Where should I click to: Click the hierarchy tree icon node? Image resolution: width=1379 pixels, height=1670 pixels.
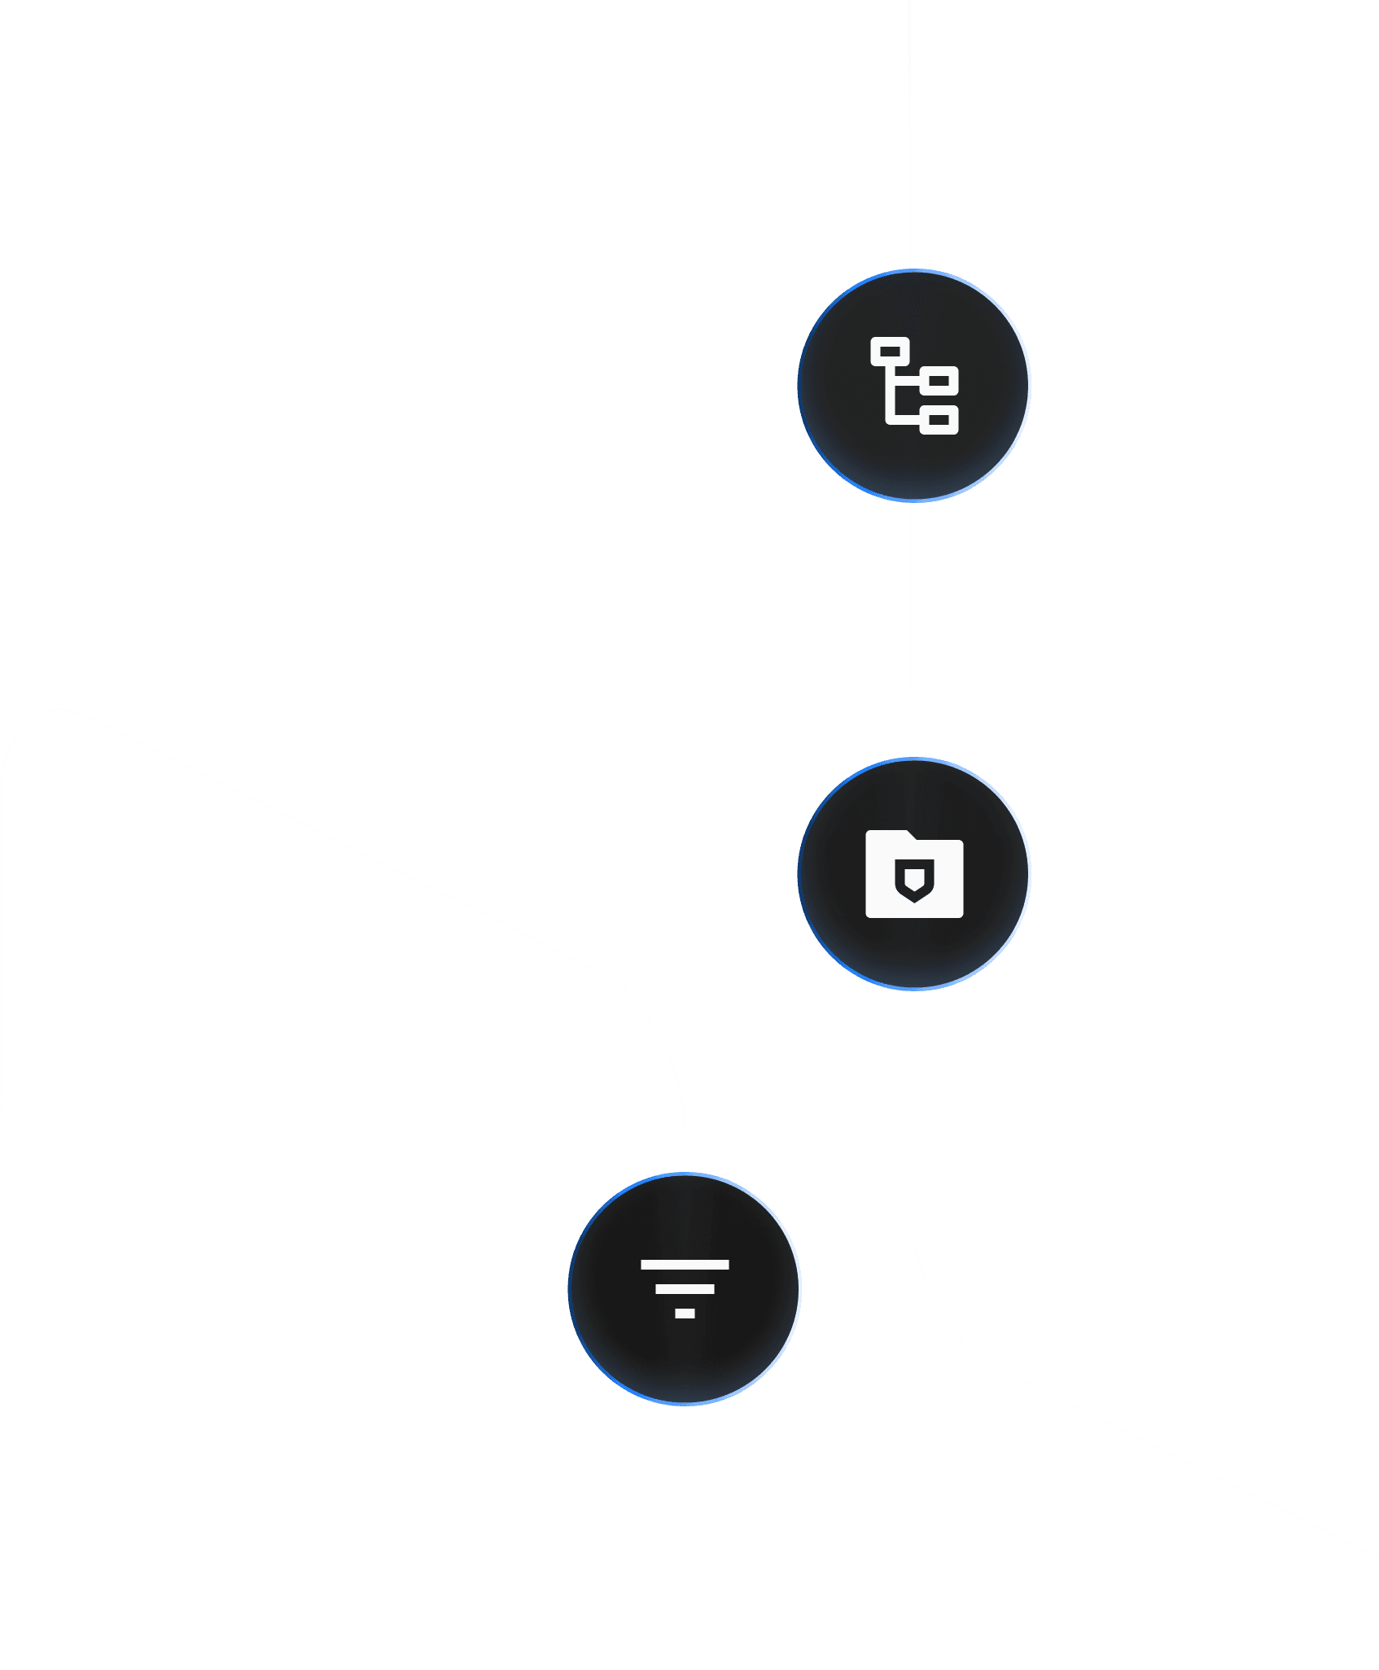pyautogui.click(x=914, y=385)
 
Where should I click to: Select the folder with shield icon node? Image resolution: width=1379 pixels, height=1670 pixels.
pyautogui.click(x=914, y=873)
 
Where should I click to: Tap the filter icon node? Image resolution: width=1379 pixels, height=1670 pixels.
pyautogui.click(x=685, y=1288)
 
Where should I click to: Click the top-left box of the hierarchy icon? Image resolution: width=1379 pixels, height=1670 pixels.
pyautogui.click(x=890, y=352)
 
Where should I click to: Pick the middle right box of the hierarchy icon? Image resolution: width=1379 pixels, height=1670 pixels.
pyautogui.click(x=939, y=380)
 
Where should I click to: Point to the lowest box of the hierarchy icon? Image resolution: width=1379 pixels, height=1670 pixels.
pyautogui.click(x=939, y=420)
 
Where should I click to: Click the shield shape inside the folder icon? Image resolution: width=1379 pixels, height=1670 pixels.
pyautogui.click(x=914, y=881)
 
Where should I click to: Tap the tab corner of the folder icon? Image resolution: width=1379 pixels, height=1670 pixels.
pyautogui.click(x=904, y=834)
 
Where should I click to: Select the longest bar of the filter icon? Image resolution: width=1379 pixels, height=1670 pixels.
pyautogui.click(x=685, y=1265)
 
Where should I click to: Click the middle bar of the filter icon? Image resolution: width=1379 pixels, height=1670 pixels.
pyautogui.click(x=685, y=1289)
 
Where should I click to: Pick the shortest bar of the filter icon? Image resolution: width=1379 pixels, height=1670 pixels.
pyautogui.click(x=685, y=1314)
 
